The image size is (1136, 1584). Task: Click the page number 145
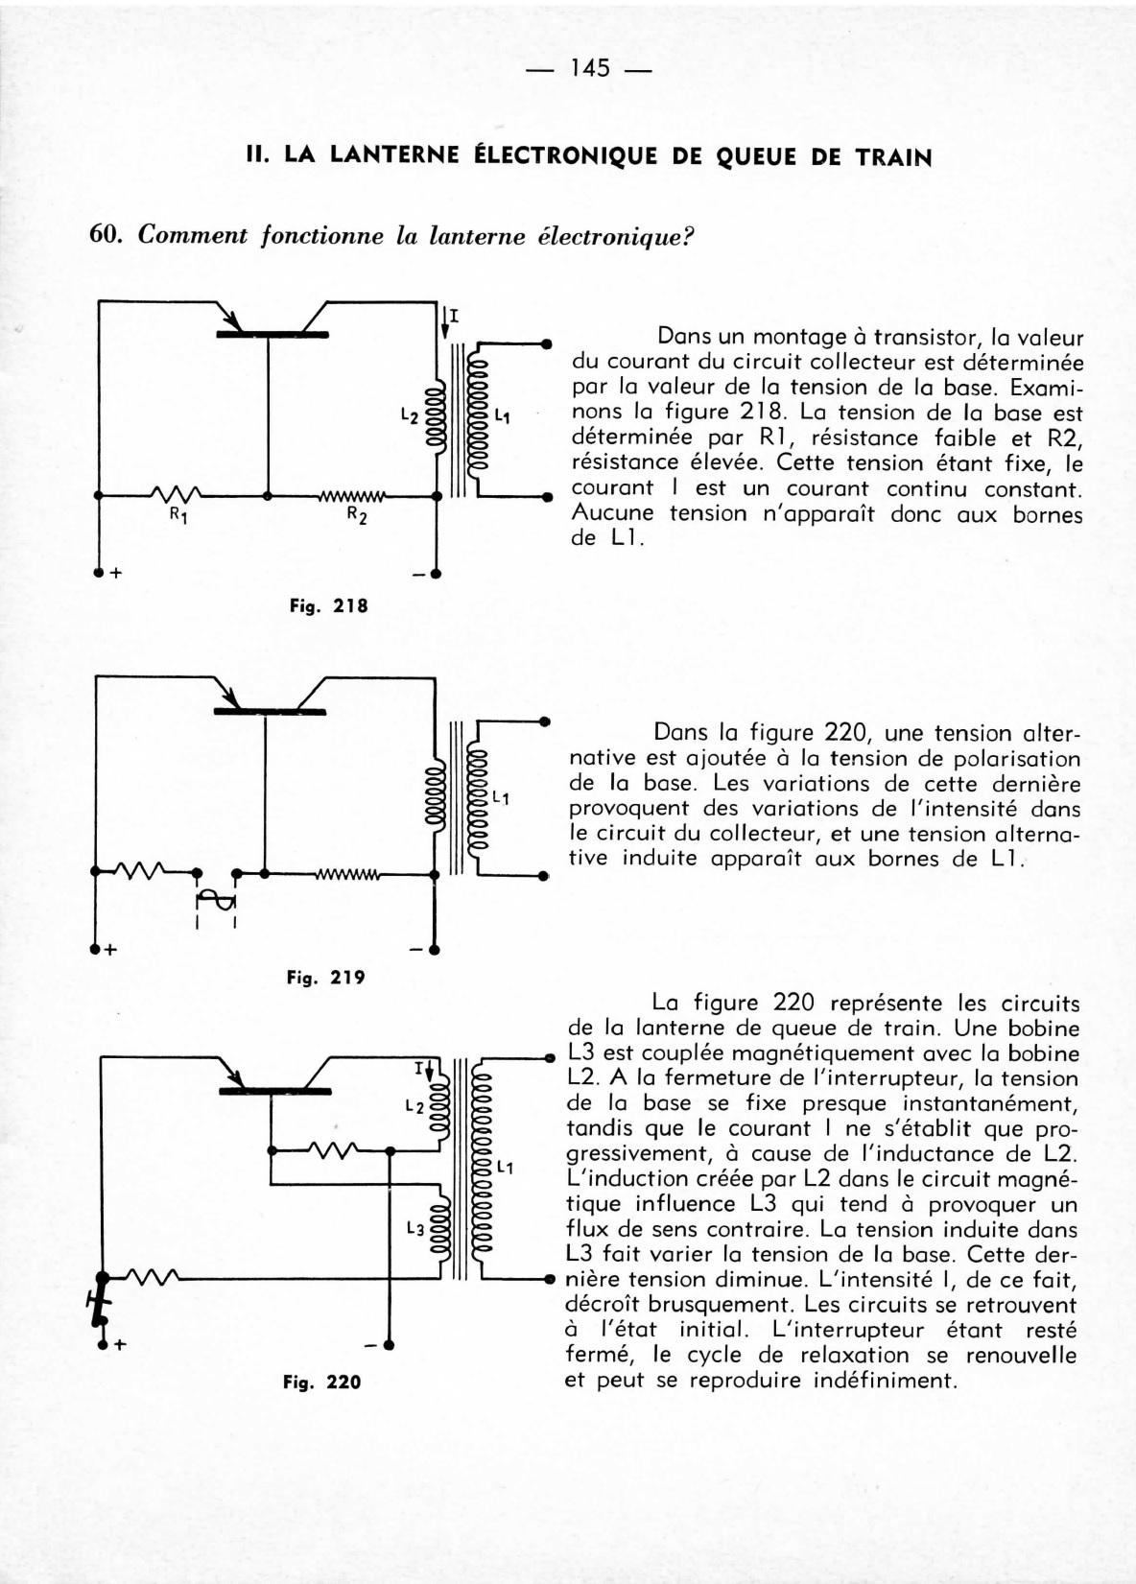(x=589, y=69)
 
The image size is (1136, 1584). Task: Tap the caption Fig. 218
(x=329, y=605)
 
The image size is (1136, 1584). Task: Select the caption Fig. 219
(x=326, y=978)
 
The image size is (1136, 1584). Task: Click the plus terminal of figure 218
(x=98, y=574)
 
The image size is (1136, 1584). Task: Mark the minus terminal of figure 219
(x=434, y=951)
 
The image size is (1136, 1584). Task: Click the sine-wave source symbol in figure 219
(x=216, y=900)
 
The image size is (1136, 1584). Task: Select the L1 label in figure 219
(x=500, y=797)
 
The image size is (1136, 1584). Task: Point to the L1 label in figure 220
(x=506, y=1168)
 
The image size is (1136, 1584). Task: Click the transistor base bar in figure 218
(x=272, y=334)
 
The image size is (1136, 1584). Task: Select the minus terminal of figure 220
(x=389, y=1344)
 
